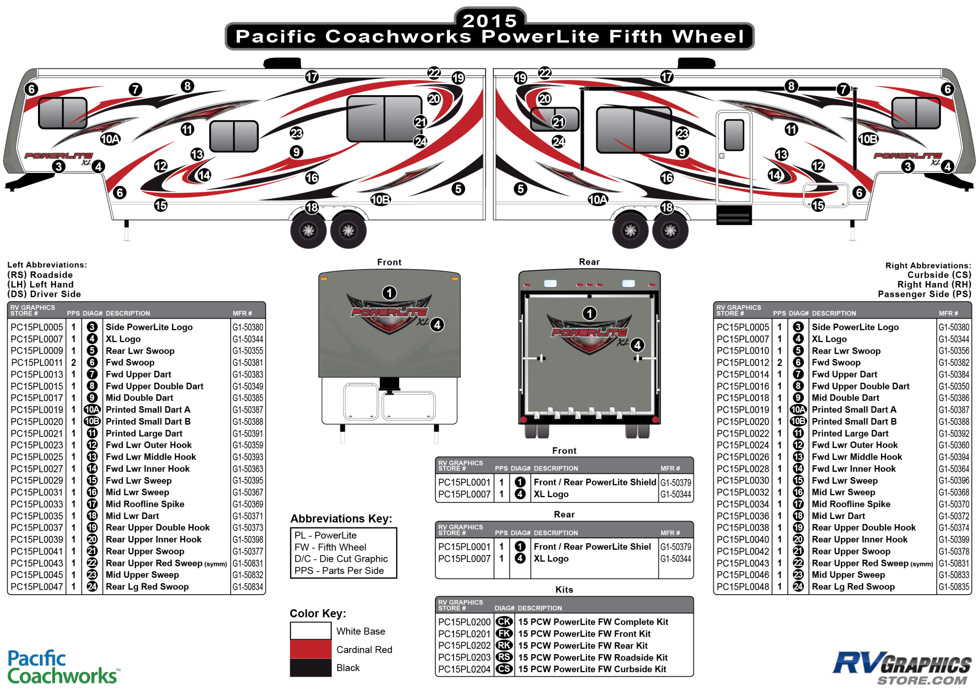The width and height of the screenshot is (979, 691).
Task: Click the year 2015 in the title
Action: pos(489,20)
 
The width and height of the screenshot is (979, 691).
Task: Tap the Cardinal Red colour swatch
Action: pos(311,649)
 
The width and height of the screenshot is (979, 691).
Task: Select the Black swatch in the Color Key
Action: pos(311,667)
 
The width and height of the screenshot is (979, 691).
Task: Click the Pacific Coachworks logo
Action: pos(63,667)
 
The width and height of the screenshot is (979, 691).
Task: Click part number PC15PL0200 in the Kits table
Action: pos(464,622)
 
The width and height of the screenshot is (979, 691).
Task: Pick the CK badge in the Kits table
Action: pos(504,622)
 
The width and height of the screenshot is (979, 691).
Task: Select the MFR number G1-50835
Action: pos(954,586)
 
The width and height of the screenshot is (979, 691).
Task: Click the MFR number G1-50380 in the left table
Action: pos(248,327)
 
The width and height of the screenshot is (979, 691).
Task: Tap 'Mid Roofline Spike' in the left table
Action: pos(145,504)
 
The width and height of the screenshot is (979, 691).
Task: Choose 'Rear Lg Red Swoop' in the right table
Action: pos(853,586)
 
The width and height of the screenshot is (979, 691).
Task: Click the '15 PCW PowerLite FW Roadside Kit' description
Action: pos(593,657)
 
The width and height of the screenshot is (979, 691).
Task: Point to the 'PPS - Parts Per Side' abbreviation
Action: pos(339,571)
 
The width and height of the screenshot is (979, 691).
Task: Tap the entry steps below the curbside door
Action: pos(734,215)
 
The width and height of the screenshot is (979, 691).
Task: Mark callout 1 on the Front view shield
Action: pos(389,293)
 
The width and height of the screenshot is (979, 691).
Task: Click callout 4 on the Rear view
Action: pos(637,345)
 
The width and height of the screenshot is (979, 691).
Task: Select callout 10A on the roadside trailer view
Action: pos(110,139)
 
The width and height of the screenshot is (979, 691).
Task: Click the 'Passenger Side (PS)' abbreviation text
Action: pos(924,294)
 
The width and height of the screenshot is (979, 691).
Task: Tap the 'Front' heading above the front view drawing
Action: pos(389,262)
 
